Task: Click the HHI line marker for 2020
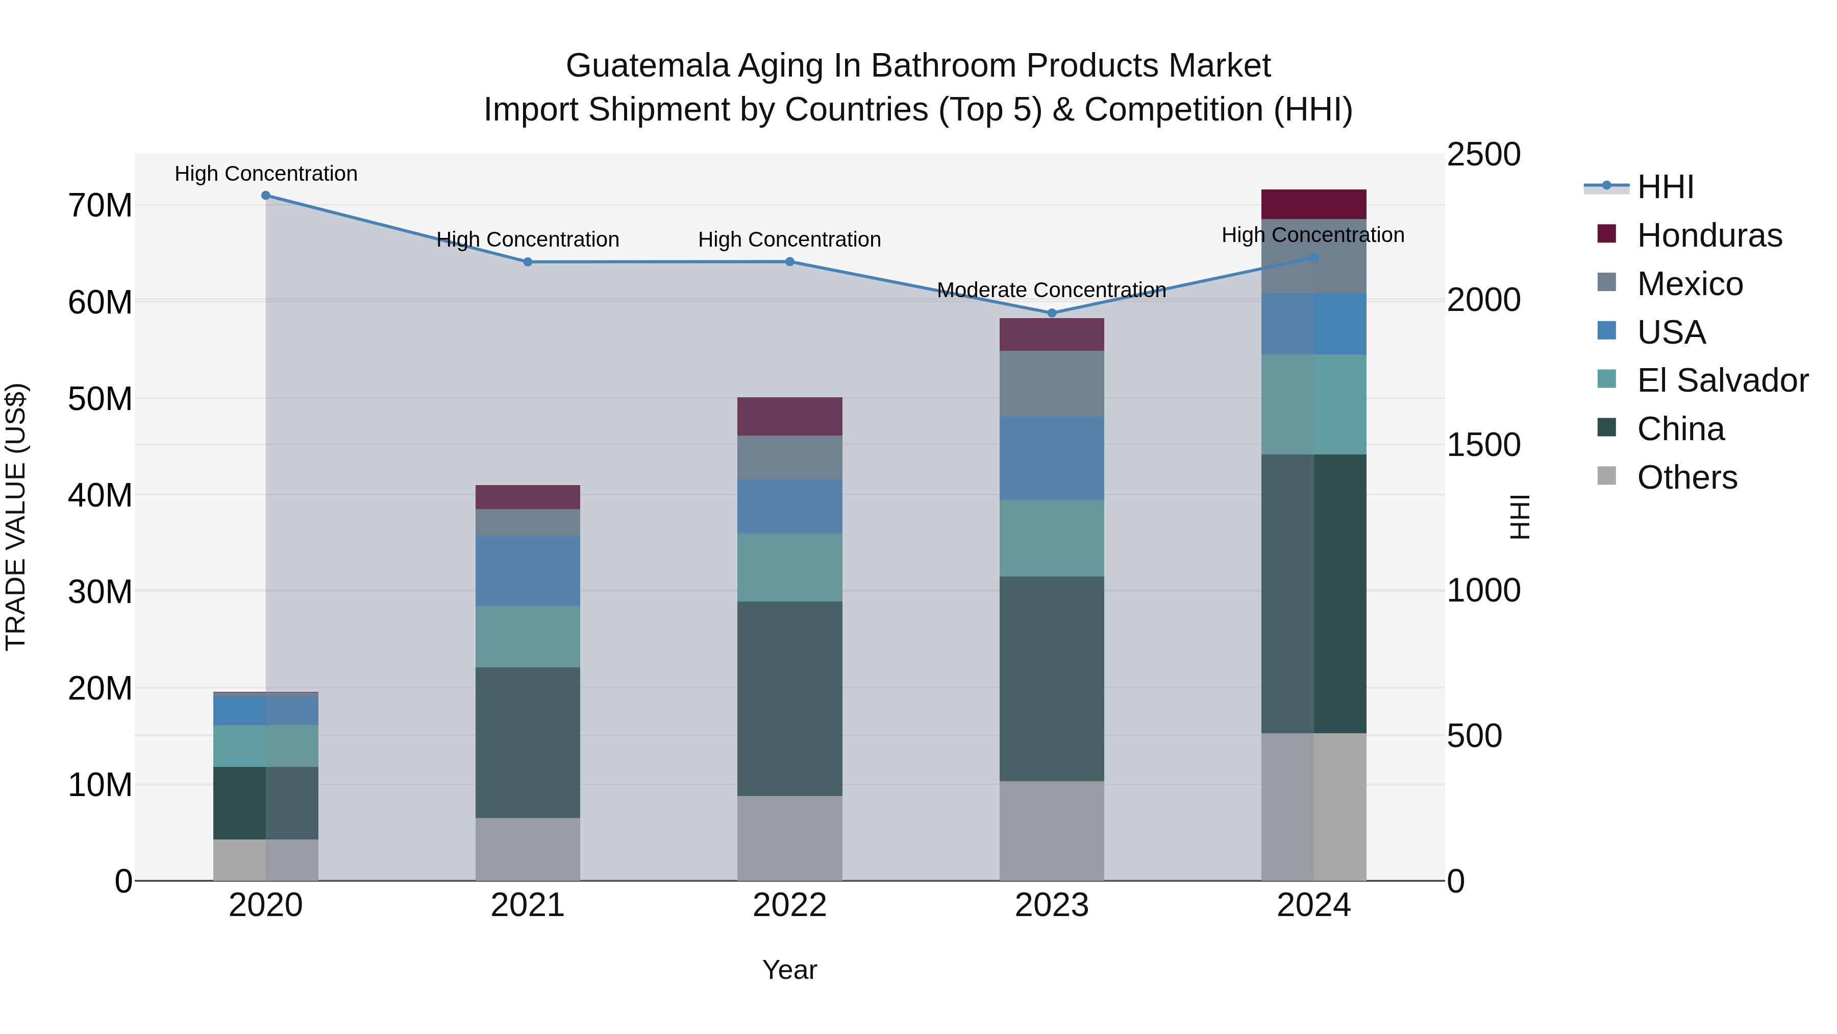click(265, 196)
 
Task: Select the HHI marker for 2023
click(1051, 314)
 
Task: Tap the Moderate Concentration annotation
click(1051, 291)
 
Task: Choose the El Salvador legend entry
click(1722, 380)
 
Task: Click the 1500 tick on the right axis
click(1483, 445)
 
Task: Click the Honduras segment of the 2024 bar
click(1313, 204)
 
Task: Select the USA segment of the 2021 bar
click(528, 571)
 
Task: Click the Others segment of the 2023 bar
click(1051, 831)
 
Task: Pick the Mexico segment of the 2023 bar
click(1051, 384)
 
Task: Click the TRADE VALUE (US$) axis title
click(16, 517)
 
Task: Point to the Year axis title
click(789, 971)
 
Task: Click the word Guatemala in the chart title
click(648, 66)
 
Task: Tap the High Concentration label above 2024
click(1313, 235)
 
